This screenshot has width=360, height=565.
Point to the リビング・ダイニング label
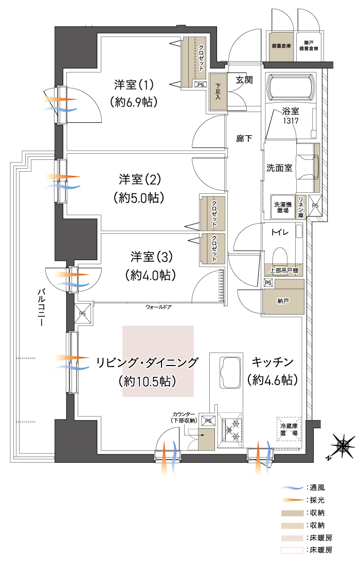[147, 362]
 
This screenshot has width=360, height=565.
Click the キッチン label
[273, 362]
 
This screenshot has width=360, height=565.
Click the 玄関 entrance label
[244, 80]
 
